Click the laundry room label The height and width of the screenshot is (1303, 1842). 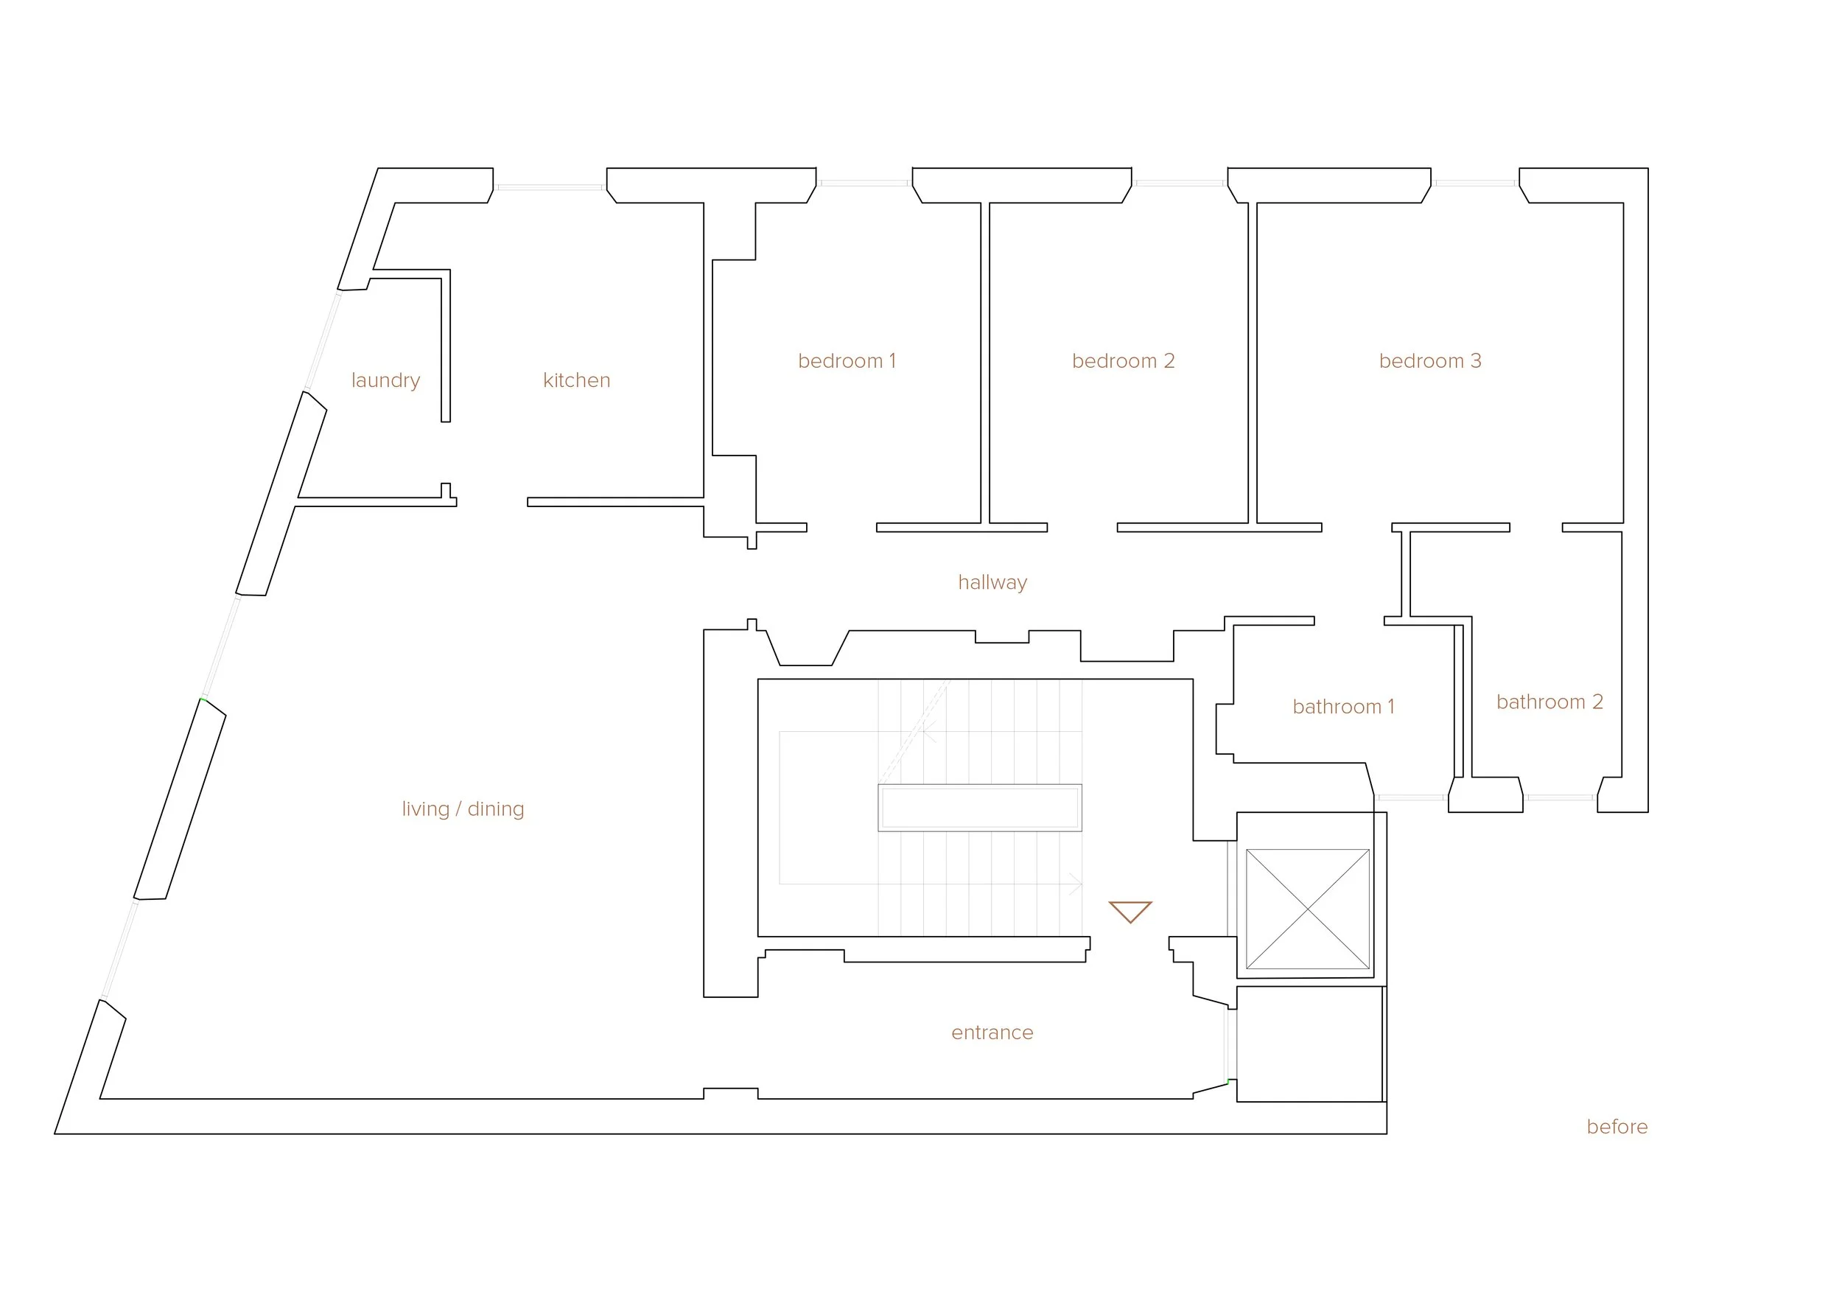point(385,380)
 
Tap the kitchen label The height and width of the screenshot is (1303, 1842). point(576,380)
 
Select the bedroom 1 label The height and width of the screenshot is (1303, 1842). point(847,361)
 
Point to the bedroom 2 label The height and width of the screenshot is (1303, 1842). point(1122,361)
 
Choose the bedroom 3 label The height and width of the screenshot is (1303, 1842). point(1429,361)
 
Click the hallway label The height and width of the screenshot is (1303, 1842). point(992,582)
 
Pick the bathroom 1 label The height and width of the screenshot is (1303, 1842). point(1343,707)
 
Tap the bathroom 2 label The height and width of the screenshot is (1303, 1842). point(1549,702)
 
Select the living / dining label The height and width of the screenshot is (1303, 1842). point(463,808)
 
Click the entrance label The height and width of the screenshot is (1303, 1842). point(992,1033)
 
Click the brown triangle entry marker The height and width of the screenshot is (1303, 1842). point(1130,911)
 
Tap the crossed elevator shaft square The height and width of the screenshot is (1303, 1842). point(1307,909)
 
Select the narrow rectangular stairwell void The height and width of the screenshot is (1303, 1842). point(979,807)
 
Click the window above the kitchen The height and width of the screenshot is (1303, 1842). point(550,187)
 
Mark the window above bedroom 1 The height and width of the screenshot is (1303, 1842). point(864,183)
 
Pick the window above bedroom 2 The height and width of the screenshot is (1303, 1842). point(1180,183)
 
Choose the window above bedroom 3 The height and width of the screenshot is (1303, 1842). point(1474,183)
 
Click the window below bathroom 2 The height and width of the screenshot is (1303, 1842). point(1560,797)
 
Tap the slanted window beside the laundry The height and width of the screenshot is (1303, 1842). point(323,340)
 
